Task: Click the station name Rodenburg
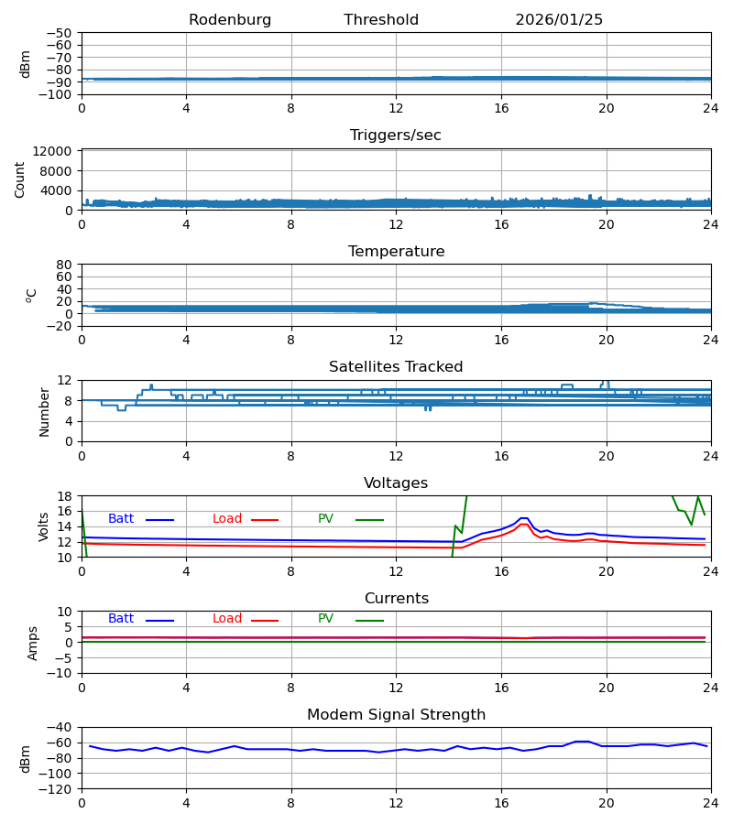pyautogui.click(x=230, y=20)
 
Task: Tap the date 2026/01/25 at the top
pyautogui.click(x=559, y=20)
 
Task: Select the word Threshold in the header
pyautogui.click(x=381, y=20)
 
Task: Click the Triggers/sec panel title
pyautogui.click(x=396, y=136)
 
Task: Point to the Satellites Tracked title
pyautogui.click(x=396, y=367)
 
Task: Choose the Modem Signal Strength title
pyautogui.click(x=396, y=715)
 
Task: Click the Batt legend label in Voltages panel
pyautogui.click(x=121, y=519)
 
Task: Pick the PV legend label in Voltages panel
pyautogui.click(x=326, y=519)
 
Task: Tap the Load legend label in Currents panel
pyautogui.click(x=227, y=619)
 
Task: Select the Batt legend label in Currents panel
pyautogui.click(x=121, y=619)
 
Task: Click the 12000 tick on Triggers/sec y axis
pyautogui.click(x=58, y=151)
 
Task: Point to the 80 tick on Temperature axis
pyautogui.click(x=65, y=265)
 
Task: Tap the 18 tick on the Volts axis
pyautogui.click(x=65, y=496)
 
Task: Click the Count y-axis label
pyautogui.click(x=20, y=179)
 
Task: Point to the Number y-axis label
pyautogui.click(x=45, y=411)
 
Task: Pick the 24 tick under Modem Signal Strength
pyautogui.click(x=710, y=802)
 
